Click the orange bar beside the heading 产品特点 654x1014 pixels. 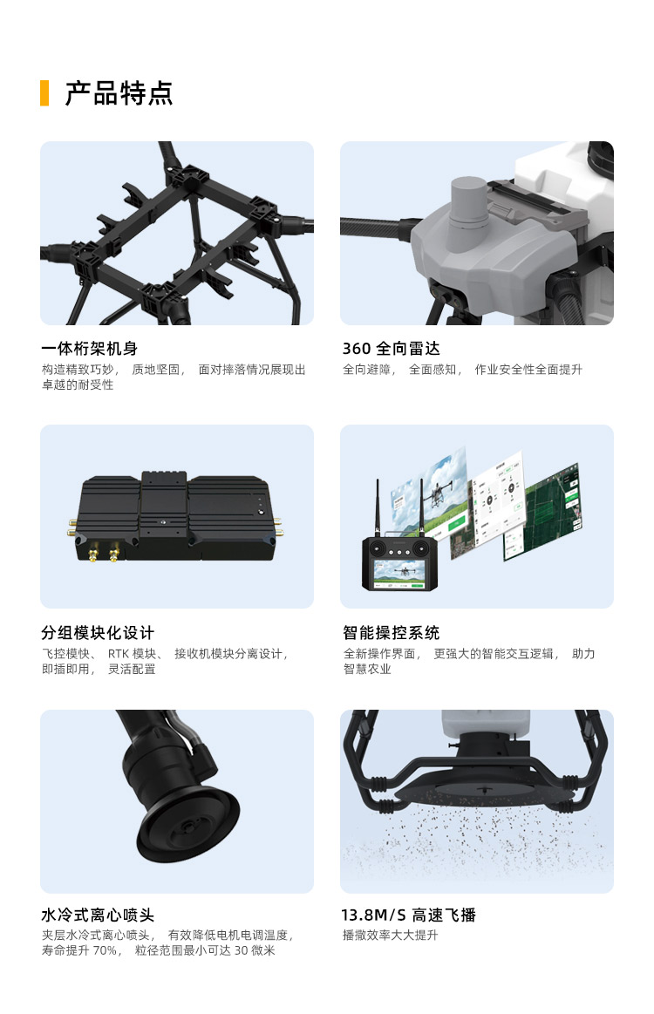tap(44, 93)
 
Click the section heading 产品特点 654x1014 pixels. tap(119, 93)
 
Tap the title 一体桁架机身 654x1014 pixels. tap(89, 349)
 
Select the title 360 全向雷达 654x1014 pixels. tap(391, 349)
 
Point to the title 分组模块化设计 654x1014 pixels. tap(98, 632)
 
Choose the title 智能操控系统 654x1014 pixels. tap(391, 632)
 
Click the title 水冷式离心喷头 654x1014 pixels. tap(98, 915)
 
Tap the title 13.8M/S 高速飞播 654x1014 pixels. tap(408, 915)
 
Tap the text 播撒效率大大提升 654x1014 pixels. tap(390, 936)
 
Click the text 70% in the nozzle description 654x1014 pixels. tap(104, 950)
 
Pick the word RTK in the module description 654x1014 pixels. tap(119, 654)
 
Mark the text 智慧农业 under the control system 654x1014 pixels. tap(367, 670)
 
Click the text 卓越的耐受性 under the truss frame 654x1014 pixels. tap(78, 385)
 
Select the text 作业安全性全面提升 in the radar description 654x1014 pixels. tap(528, 370)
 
